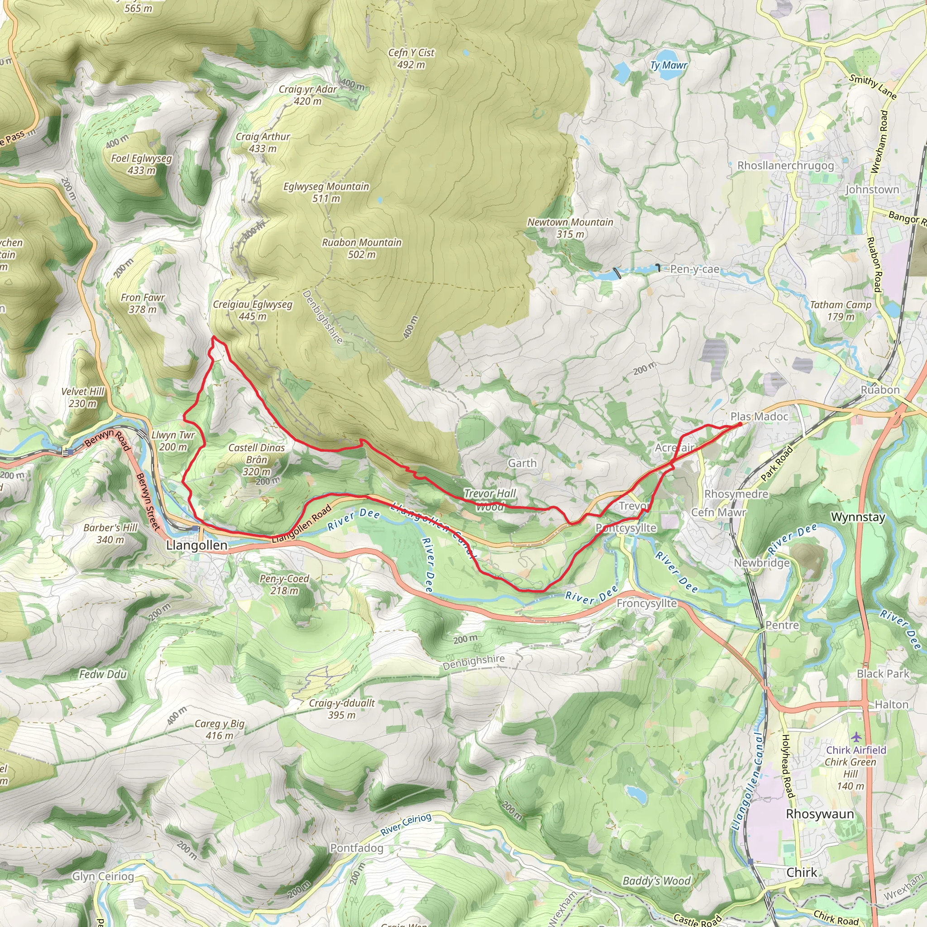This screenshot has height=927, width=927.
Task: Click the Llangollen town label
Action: point(196,545)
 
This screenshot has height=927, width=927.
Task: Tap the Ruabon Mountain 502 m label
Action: point(361,248)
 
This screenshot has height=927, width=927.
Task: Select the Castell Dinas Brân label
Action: point(256,459)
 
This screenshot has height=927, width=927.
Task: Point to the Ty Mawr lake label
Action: point(669,65)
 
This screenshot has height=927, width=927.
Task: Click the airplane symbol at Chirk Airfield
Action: point(856,736)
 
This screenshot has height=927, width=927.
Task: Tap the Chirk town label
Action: point(801,872)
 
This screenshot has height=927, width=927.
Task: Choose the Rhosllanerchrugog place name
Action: point(785,166)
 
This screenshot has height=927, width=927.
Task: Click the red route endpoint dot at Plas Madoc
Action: point(740,424)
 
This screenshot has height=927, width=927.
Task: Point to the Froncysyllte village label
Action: point(646,603)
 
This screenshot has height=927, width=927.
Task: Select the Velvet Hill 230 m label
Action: point(82,397)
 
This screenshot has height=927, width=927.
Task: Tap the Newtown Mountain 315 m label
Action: point(570,228)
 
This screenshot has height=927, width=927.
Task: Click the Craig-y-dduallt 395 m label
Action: point(342,709)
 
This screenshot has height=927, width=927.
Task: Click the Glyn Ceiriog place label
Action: point(103,877)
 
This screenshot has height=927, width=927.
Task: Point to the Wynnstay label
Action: point(857,517)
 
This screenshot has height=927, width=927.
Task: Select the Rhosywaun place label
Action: point(820,814)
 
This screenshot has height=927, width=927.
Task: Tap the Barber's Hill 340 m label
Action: point(110,534)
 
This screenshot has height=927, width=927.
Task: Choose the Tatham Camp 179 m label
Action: point(840,311)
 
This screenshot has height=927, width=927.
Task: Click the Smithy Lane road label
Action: point(873,87)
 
